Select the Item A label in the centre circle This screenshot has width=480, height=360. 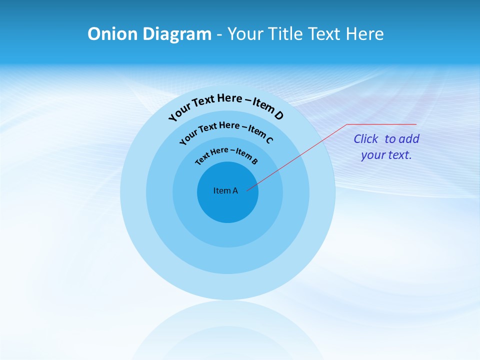[x=225, y=190]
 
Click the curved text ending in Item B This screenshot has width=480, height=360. [x=226, y=154]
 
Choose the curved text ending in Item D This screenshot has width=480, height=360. [x=226, y=104]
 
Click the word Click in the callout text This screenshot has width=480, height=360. [x=366, y=139]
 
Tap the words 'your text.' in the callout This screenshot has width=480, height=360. [x=386, y=155]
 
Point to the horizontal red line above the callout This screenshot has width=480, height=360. [x=382, y=124]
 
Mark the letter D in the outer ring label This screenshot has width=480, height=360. [x=278, y=115]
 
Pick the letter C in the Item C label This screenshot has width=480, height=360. [x=269, y=139]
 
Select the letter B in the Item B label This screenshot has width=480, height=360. [x=254, y=161]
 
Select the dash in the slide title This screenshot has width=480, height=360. [x=219, y=34]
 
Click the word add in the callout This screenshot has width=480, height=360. [x=409, y=139]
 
